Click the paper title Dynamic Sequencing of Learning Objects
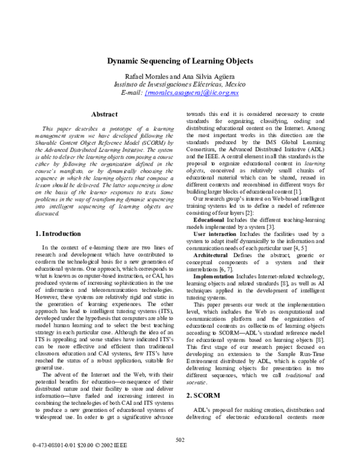pyautogui.click(x=180, y=61)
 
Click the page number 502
pyautogui.click(x=180, y=440)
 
